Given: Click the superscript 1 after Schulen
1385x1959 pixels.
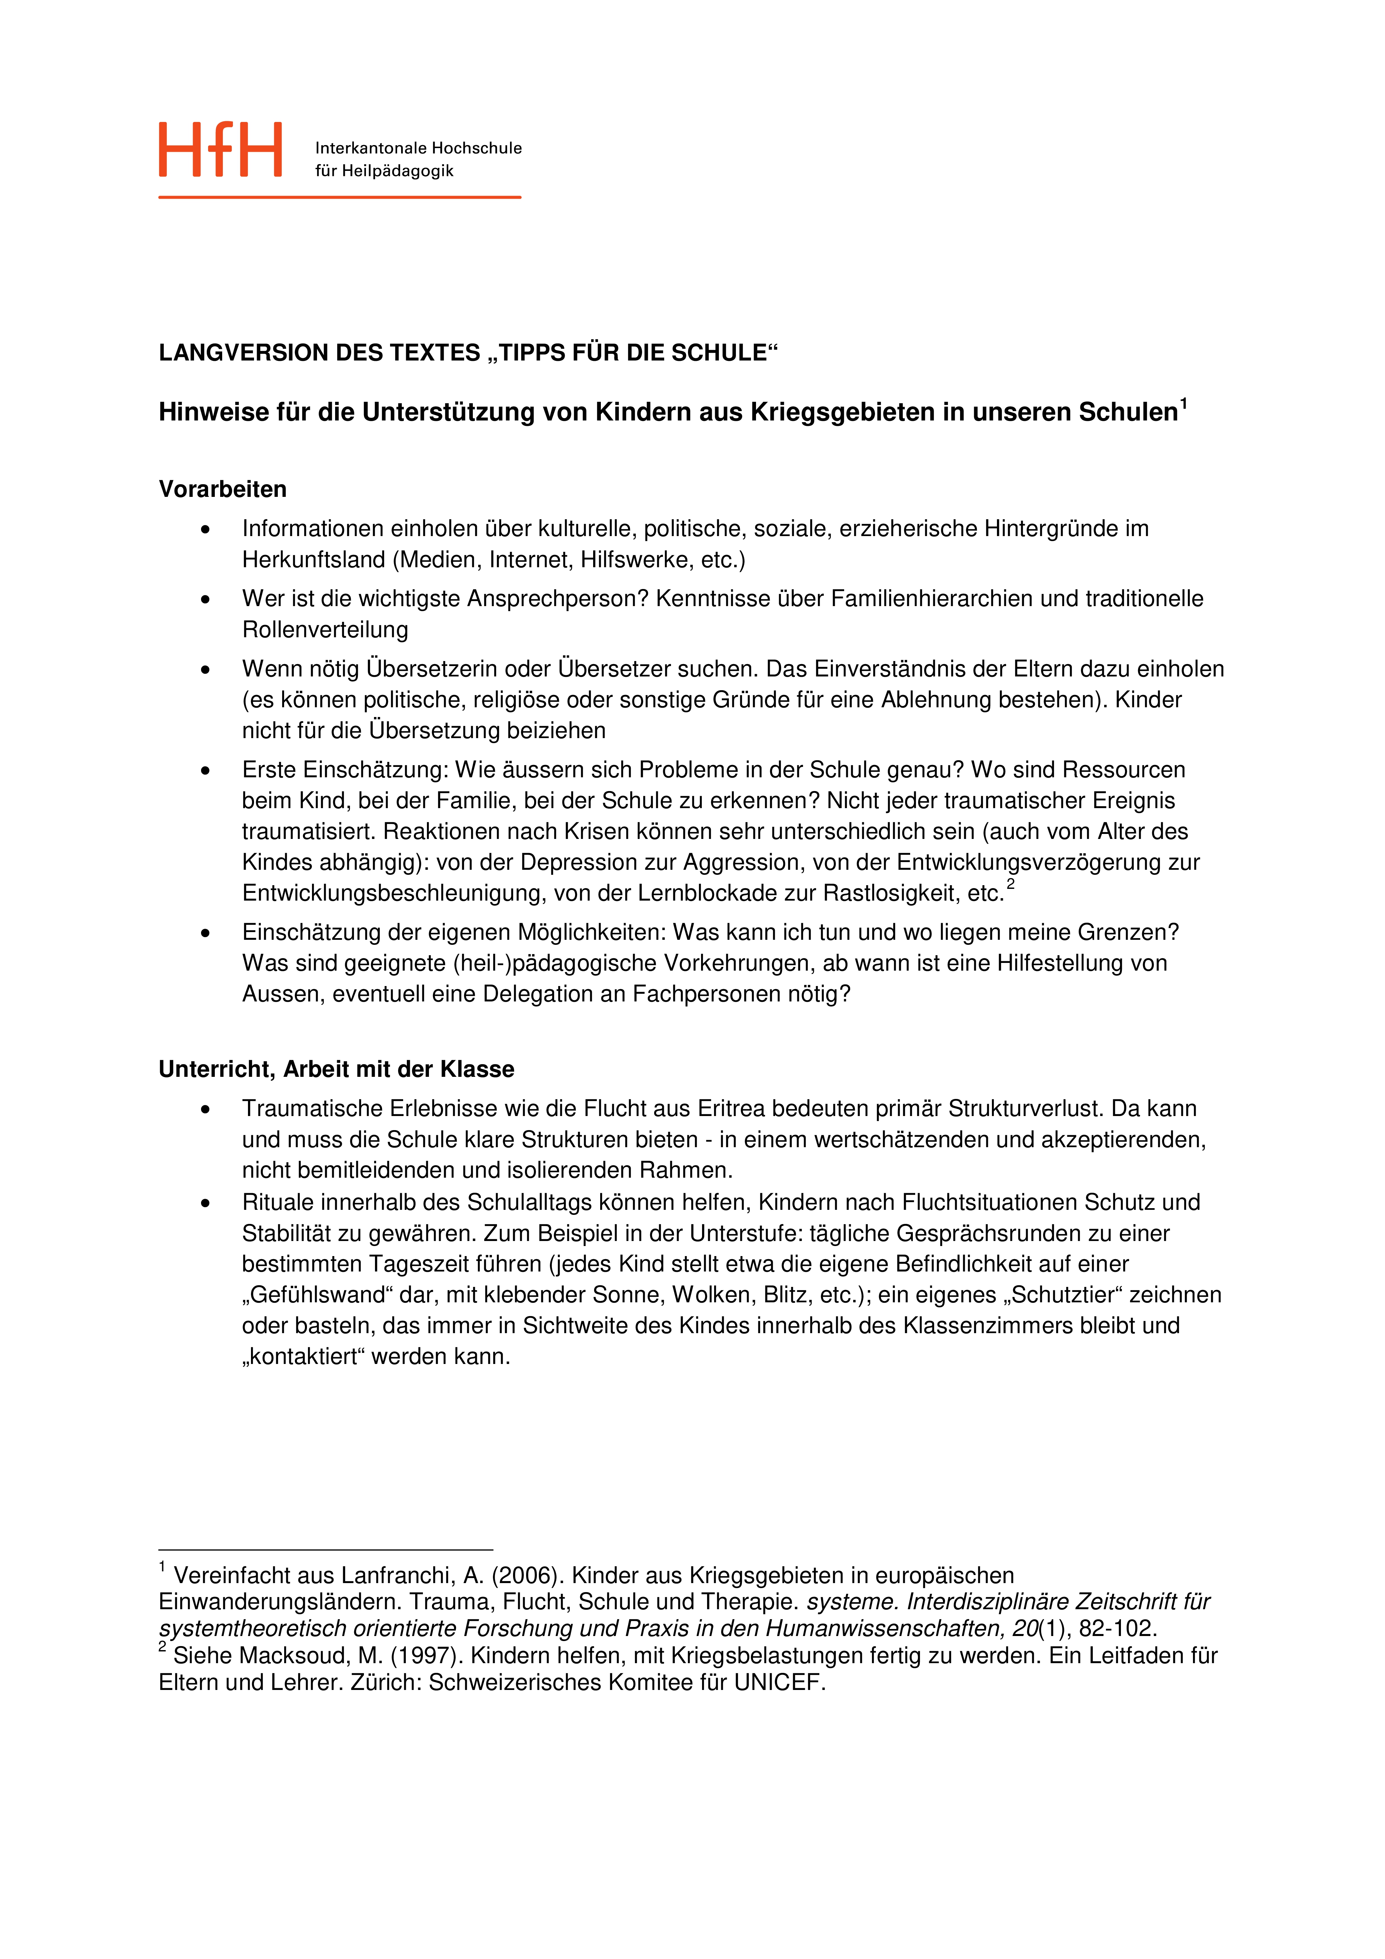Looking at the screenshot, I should pos(1184,404).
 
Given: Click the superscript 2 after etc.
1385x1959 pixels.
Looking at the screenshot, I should pos(1010,884).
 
